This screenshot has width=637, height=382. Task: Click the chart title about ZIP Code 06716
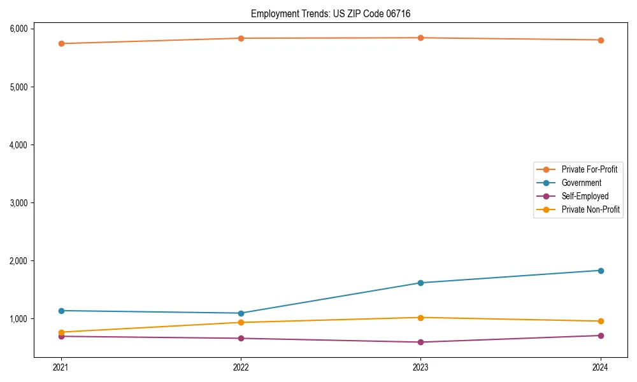tap(335, 13)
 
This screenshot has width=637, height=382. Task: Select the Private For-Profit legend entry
tap(589, 169)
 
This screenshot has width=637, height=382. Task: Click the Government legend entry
tap(581, 183)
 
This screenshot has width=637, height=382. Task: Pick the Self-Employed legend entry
tap(585, 196)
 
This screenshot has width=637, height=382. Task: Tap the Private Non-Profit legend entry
tap(590, 209)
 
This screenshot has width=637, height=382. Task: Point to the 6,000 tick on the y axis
tap(18, 29)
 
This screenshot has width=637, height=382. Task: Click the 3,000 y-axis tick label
tap(18, 202)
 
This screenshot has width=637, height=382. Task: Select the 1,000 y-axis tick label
tap(18, 318)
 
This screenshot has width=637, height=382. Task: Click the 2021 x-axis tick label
tap(61, 367)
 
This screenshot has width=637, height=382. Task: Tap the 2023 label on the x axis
tap(421, 367)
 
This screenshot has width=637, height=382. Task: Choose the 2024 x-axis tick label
tap(601, 367)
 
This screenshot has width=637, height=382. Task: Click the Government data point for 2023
tap(421, 283)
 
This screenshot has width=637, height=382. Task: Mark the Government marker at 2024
tap(601, 271)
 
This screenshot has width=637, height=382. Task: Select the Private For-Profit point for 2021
tap(61, 43)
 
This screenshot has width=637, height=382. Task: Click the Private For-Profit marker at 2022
tap(241, 38)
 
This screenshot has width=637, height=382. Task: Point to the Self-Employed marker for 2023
tap(421, 342)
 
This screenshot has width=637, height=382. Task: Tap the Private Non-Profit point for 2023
tap(421, 318)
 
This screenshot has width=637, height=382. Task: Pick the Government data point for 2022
tap(241, 313)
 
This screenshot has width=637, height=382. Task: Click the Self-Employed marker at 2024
tap(601, 336)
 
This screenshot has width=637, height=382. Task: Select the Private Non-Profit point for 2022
tap(241, 322)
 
